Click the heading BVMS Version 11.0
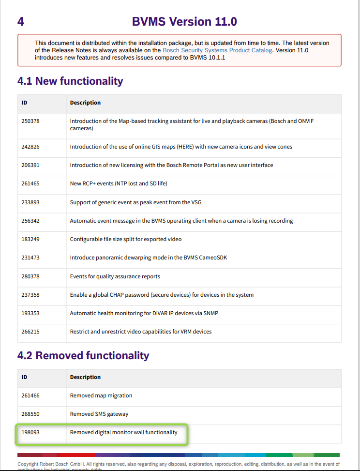click(184, 22)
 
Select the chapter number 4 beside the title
click(20, 22)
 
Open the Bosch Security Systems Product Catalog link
click(217, 50)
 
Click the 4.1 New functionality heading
click(70, 81)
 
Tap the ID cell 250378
click(30, 121)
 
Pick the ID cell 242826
click(30, 147)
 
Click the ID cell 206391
click(30, 165)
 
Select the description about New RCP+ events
click(119, 183)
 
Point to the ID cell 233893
click(30, 202)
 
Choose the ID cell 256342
click(30, 221)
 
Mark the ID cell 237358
click(30, 295)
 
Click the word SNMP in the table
click(211, 313)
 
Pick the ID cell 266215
click(30, 332)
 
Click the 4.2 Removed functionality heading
click(83, 355)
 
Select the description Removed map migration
click(101, 395)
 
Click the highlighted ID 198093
click(30, 432)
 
